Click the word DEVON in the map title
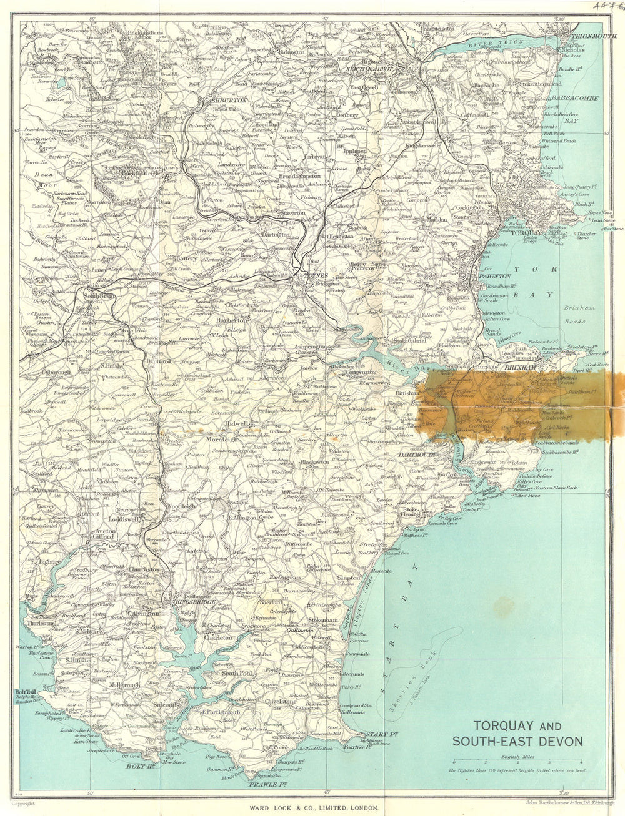coord(559,742)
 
